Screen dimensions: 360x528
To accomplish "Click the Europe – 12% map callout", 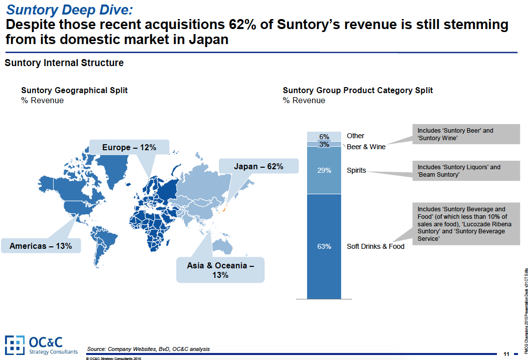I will click(129, 147).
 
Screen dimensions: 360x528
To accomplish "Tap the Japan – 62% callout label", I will click(258, 166).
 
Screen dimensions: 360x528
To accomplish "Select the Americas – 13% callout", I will click(41, 246).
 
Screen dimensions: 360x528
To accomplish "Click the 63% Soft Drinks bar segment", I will click(324, 246).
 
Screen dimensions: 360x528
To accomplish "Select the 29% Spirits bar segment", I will click(324, 170).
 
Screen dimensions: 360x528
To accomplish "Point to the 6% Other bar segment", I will click(324, 136).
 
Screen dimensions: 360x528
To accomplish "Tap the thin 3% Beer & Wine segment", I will click(324, 144).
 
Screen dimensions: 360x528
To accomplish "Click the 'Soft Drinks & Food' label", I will click(375, 246).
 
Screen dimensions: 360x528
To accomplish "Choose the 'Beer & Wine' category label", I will click(366, 147).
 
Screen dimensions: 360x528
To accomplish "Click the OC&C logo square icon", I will click(15, 344).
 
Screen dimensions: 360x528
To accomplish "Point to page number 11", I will click(506, 354).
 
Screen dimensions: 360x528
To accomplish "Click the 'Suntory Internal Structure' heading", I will click(64, 63).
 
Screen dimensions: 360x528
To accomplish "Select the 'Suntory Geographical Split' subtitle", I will click(74, 90).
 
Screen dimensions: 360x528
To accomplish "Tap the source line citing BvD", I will click(148, 349).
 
